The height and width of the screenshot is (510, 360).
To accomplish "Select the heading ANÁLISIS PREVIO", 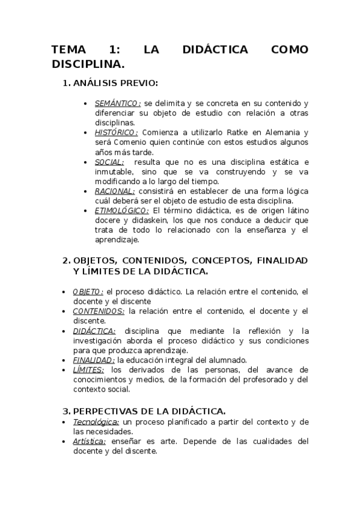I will pyautogui.click(x=115, y=83).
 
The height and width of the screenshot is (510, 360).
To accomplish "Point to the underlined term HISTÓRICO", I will pyautogui.click(x=117, y=133).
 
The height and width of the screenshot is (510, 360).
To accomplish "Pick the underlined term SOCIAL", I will pyautogui.click(x=109, y=162).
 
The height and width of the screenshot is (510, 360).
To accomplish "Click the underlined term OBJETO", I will pyautogui.click(x=88, y=292).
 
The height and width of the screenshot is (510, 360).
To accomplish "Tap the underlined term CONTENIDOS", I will pyautogui.click(x=99, y=311).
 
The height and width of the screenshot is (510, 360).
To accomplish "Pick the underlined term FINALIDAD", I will pyautogui.click(x=94, y=360).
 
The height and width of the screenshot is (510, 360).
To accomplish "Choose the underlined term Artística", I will pyautogui.click(x=89, y=441).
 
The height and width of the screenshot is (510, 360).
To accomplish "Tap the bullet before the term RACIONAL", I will pyautogui.click(x=88, y=191).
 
